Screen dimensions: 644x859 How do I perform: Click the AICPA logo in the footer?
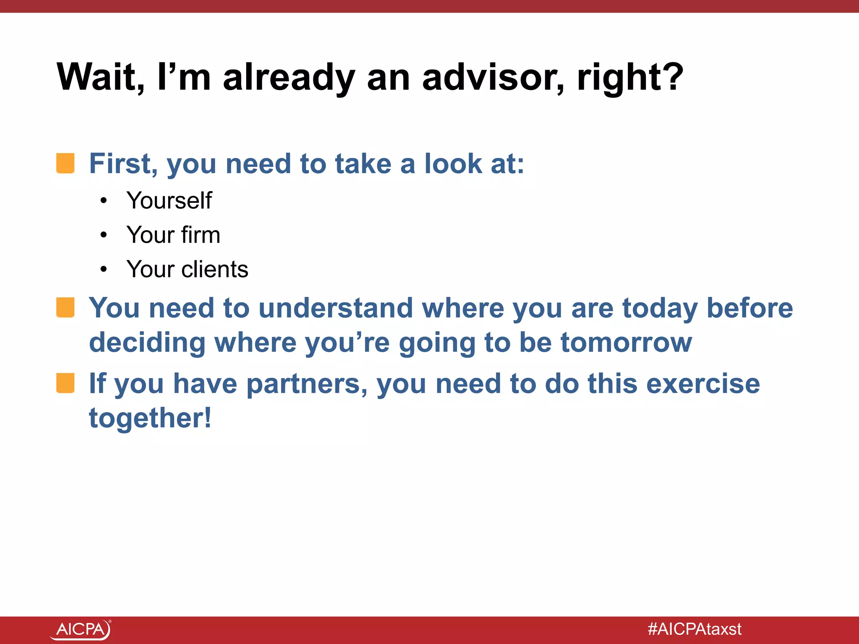tap(81, 629)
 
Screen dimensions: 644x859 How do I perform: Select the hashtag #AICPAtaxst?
tap(695, 629)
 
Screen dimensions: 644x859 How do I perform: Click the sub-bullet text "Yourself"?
tap(169, 200)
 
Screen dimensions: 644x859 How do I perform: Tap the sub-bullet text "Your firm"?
tap(173, 235)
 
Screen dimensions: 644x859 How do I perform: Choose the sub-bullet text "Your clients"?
tap(187, 269)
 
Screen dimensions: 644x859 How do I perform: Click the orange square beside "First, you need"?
tap(65, 163)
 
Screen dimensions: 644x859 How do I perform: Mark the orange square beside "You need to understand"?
tap(65, 308)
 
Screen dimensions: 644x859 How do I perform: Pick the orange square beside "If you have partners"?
tap(65, 383)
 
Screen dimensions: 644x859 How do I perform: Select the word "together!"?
tap(150, 418)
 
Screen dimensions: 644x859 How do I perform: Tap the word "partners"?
tap(306, 384)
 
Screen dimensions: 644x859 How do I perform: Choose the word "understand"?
tap(336, 309)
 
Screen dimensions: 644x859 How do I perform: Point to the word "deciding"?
tap(147, 343)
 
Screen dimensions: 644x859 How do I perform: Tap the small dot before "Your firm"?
tap(104, 235)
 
